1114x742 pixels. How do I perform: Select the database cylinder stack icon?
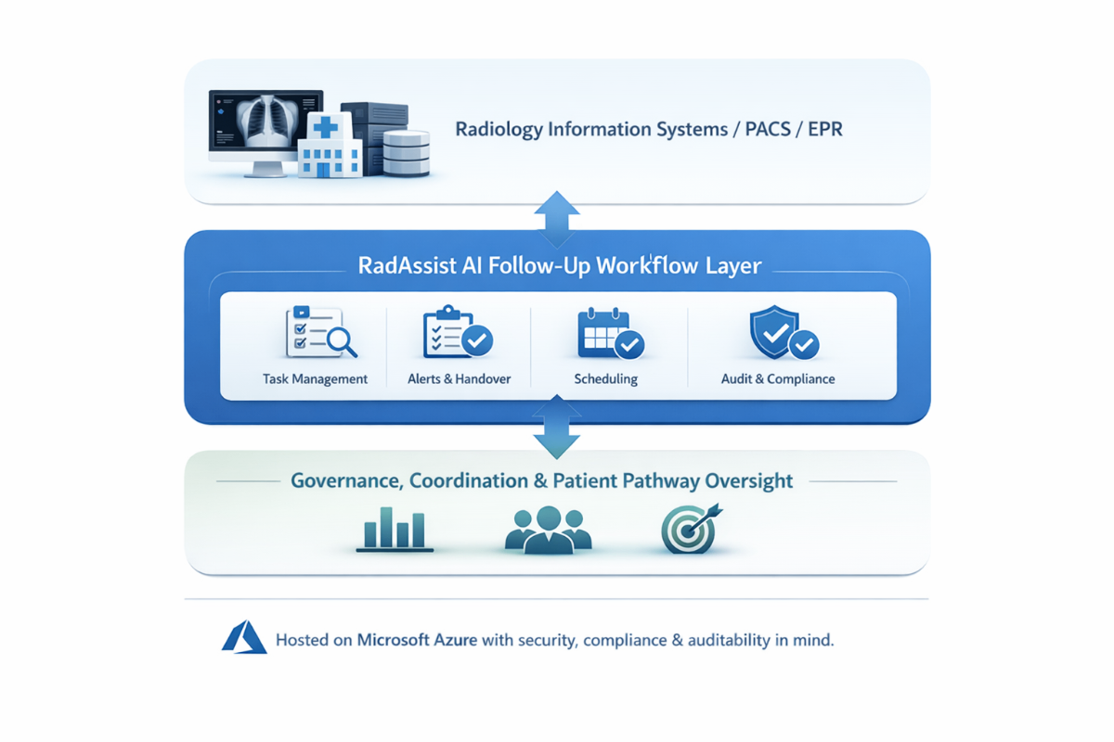pos(406,152)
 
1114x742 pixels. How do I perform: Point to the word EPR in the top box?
pos(824,129)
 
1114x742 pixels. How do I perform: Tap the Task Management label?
pos(315,378)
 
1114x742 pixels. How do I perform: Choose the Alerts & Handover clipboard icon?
pos(457,332)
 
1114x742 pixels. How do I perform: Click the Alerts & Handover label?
pos(459,378)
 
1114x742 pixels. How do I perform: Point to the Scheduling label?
pos(605,378)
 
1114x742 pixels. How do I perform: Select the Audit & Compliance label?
pos(778,378)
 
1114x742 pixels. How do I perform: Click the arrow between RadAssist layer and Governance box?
pos(557,427)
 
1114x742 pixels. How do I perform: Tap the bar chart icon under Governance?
pos(395,530)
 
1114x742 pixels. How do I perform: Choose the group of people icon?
pos(548,530)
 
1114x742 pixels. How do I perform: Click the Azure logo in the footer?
pos(244,638)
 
